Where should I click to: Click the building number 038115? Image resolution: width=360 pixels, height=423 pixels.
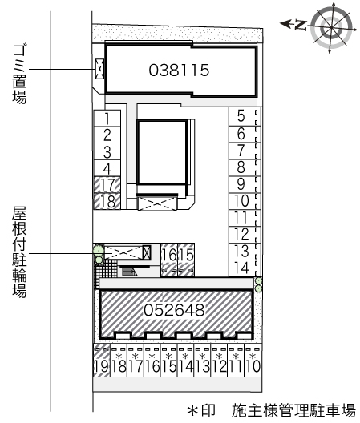179,70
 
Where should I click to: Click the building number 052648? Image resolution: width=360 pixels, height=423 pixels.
174,310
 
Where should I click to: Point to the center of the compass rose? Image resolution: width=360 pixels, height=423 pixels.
331,27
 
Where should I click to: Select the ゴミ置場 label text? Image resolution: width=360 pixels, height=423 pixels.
19,75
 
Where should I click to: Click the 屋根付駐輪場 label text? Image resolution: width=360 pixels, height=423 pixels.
19,252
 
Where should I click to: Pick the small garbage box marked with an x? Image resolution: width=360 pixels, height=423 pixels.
99,69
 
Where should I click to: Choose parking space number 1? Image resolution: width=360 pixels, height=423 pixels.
107,118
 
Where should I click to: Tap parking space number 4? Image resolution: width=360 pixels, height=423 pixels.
107,168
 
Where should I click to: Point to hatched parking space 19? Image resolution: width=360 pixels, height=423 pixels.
102,361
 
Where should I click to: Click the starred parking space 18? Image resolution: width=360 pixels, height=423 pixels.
119,361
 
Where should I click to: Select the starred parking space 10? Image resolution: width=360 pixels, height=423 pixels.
253,361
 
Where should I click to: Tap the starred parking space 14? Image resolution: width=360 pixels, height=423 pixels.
185,361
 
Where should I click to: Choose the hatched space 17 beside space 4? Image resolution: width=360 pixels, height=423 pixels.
107,185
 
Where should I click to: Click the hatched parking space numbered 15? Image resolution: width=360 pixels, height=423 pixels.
186,260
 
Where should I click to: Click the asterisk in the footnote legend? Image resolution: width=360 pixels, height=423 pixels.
193,410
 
